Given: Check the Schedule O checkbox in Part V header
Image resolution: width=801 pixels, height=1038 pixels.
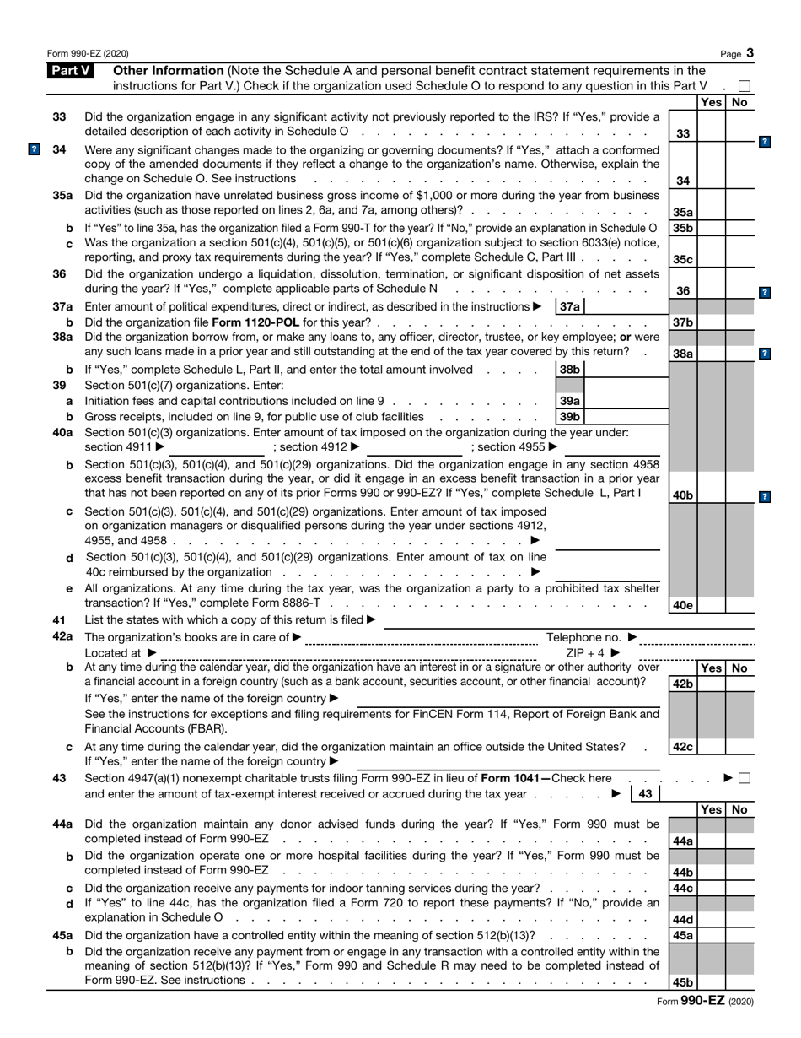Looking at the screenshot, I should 744,86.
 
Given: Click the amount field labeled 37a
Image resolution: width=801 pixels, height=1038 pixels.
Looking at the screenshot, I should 624,307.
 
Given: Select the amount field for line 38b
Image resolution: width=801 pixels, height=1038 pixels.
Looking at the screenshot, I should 624,369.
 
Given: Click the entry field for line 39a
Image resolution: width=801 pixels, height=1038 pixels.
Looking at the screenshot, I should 624,401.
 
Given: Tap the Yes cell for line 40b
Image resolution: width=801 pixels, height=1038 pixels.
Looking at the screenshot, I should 711,495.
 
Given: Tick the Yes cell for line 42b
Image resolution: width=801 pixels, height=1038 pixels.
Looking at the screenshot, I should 711,684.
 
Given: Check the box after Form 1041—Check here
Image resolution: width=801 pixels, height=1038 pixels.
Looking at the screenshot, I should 744,778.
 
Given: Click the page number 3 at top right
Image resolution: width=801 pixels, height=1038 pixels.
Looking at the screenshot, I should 750,53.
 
